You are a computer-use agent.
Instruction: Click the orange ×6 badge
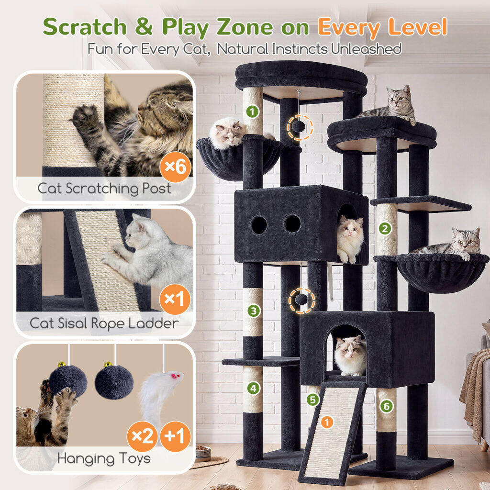[175, 167]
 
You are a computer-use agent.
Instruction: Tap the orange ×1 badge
[175, 300]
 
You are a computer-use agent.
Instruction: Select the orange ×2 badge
[143, 436]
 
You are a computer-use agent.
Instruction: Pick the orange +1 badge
[175, 436]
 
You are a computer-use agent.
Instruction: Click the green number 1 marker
[253, 111]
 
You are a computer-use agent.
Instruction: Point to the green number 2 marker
[385, 229]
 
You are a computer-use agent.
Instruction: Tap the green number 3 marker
[254, 311]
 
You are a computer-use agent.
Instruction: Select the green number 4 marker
[254, 389]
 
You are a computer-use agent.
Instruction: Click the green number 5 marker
[313, 400]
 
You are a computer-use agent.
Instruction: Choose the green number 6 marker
[387, 406]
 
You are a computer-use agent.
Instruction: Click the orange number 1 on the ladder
[327, 423]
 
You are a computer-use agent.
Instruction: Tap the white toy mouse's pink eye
[173, 377]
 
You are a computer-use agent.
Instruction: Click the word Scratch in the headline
[85, 27]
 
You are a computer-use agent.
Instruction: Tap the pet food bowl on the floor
[203, 454]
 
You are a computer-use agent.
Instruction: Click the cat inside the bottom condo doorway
[350, 356]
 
